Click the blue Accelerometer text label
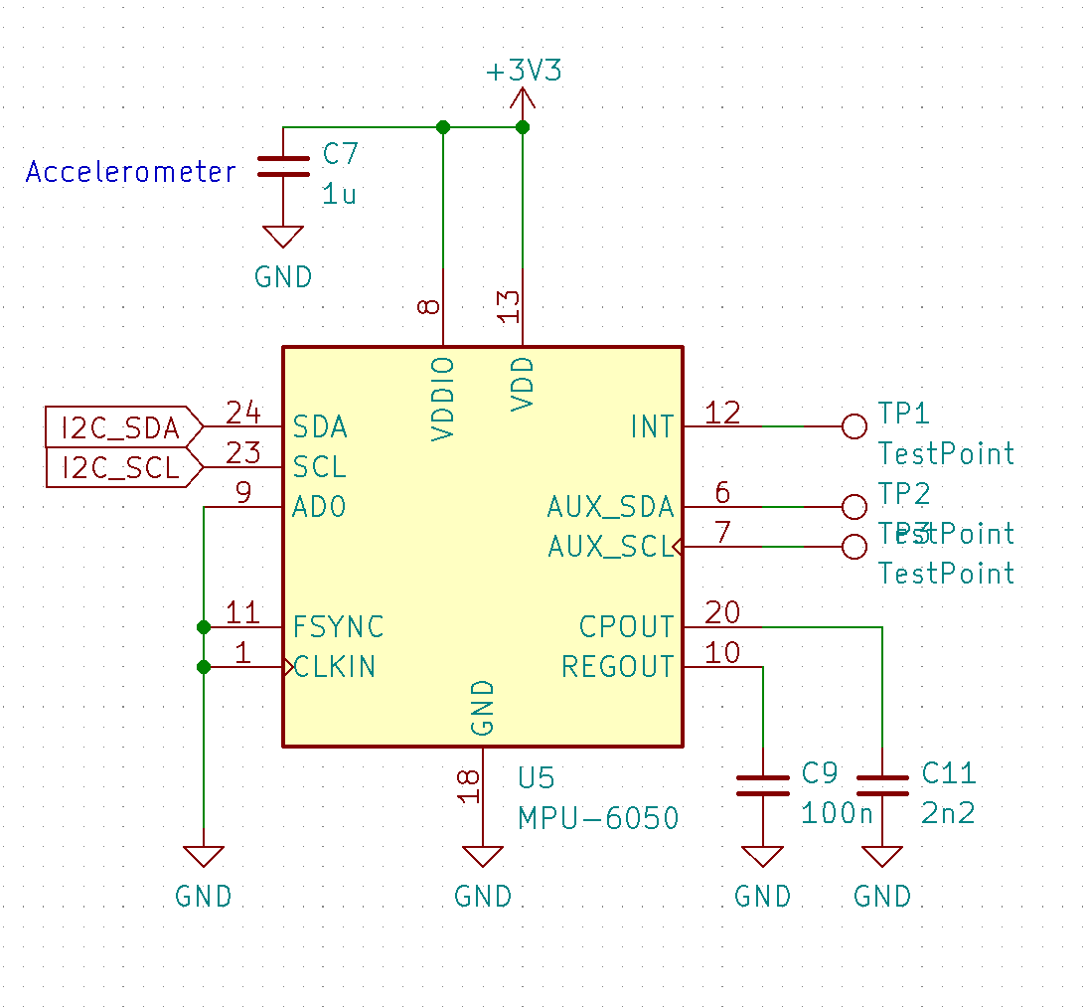131,172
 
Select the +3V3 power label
523,73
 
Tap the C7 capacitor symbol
283,166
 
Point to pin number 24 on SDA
242,413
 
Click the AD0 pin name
319,507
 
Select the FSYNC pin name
338,627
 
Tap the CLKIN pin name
335,666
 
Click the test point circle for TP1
853,426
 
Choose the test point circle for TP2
853,507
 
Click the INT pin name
652,427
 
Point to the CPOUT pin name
626,627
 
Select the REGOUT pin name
617,666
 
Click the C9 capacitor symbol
762,786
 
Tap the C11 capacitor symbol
882,786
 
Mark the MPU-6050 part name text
598,818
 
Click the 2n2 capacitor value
948,813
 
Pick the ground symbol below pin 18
483,857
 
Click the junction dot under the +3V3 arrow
523,127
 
